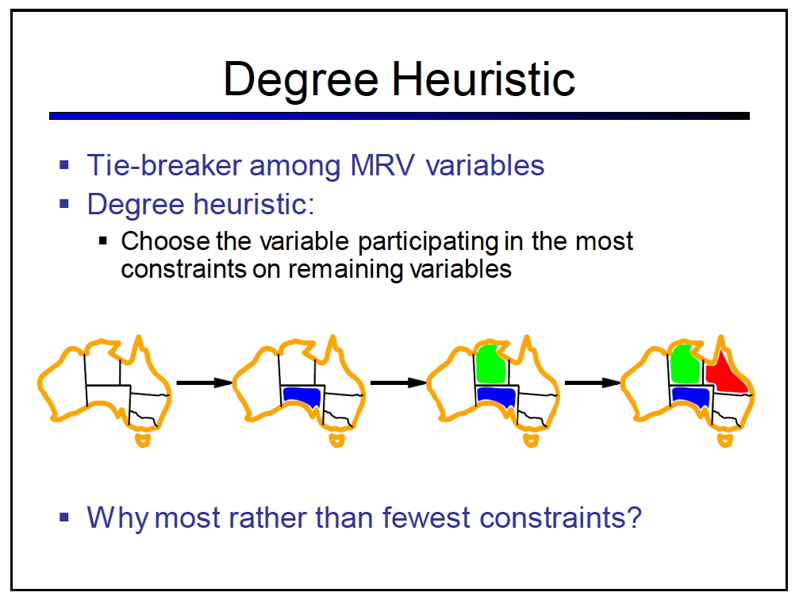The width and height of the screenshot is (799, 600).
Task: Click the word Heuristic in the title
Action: (483, 79)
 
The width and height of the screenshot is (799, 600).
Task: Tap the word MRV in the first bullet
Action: (382, 166)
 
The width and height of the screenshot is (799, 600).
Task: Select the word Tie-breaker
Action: (164, 166)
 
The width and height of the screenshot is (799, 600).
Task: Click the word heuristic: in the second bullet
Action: (254, 205)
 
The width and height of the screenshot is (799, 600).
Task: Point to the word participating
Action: (428, 242)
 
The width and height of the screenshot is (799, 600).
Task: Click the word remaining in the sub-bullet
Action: (346, 270)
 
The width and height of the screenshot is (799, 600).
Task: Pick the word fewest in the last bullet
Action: (426, 517)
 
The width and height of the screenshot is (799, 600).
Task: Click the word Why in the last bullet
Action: (117, 519)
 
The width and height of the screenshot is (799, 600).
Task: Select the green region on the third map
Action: (490, 364)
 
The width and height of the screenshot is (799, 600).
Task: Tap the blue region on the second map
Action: (302, 397)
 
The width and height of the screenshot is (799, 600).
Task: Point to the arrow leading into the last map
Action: (592, 383)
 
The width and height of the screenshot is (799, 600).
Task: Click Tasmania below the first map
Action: (143, 440)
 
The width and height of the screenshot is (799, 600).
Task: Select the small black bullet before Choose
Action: (103, 240)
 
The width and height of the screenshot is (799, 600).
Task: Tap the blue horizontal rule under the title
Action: (399, 116)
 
